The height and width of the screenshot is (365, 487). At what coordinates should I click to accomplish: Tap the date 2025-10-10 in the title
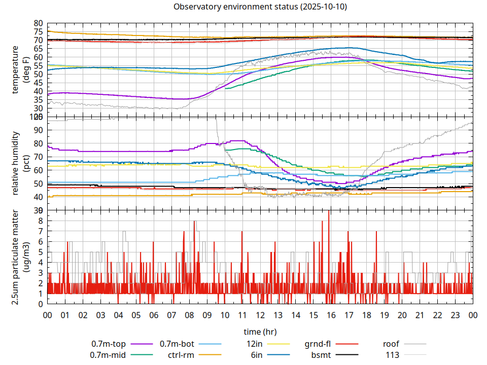[x=325, y=7]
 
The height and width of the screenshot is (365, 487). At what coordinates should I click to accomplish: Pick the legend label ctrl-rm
[x=181, y=355]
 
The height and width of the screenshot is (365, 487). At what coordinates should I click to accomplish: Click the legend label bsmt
[x=321, y=355]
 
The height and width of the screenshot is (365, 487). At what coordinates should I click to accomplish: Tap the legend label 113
[x=393, y=355]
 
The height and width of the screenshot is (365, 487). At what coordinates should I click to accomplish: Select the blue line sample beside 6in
[x=279, y=355]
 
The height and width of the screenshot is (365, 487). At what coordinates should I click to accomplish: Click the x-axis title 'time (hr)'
[x=260, y=332]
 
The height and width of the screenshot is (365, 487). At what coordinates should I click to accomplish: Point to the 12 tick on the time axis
[x=260, y=315]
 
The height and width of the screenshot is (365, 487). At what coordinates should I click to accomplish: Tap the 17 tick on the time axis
[x=349, y=315]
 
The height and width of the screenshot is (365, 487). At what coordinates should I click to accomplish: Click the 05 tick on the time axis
[x=136, y=315]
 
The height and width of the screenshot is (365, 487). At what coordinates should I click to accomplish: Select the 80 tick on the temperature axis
[x=39, y=23]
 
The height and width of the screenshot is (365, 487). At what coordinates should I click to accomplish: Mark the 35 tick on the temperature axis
[x=39, y=100]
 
